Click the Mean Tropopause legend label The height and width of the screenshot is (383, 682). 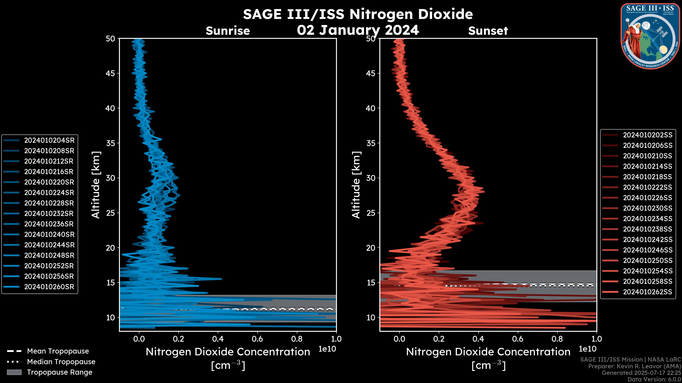[x=58, y=351]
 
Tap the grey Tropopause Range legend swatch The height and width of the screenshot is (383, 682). [x=14, y=372]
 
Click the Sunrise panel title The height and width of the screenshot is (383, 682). [x=228, y=31]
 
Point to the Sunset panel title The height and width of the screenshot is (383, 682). [x=488, y=31]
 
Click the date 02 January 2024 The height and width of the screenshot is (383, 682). [x=358, y=30]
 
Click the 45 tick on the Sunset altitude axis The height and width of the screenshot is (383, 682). [x=371, y=73]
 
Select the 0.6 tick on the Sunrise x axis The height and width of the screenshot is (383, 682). [x=257, y=339]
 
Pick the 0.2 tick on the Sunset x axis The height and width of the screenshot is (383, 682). [x=439, y=339]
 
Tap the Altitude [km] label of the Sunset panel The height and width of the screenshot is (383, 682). [x=356, y=185]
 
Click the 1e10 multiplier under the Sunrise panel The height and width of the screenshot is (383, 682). [x=327, y=349]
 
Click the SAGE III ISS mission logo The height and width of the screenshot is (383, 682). [x=650, y=36]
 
